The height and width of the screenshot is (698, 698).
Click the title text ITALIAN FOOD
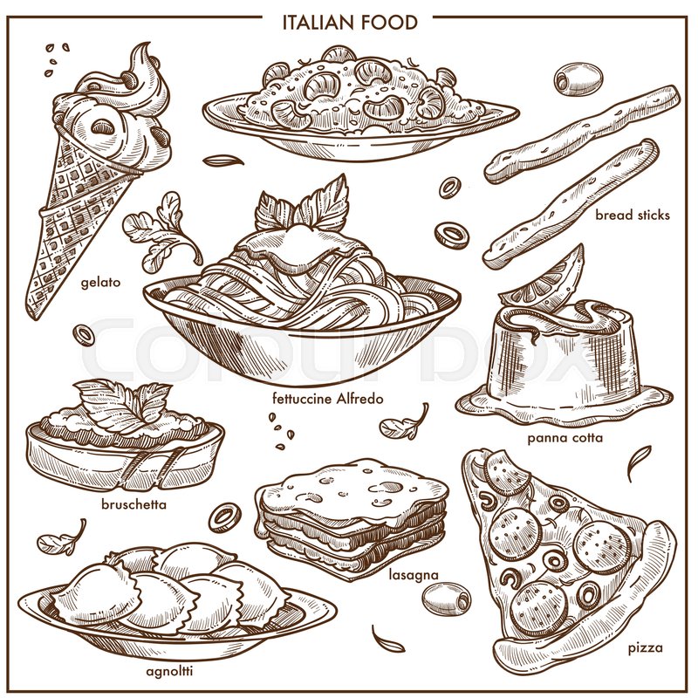tap(349, 20)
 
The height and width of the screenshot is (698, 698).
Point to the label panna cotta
tap(565, 436)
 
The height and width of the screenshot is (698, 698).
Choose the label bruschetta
tap(133, 503)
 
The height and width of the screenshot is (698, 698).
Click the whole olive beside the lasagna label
tap(445, 598)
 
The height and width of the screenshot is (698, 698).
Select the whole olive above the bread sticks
tap(578, 79)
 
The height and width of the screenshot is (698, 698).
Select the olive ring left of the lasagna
tap(224, 516)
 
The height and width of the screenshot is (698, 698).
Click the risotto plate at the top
tap(358, 96)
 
